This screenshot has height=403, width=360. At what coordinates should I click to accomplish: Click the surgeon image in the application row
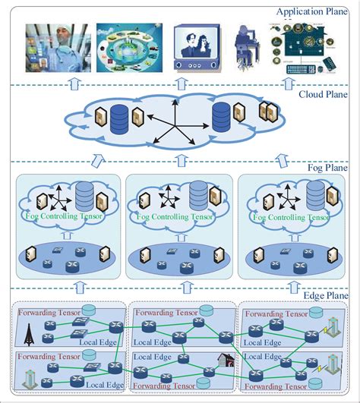(56, 48)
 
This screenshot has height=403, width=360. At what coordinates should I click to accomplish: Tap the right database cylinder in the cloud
(221, 117)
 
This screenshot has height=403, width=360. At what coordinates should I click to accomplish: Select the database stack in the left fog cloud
(86, 196)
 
